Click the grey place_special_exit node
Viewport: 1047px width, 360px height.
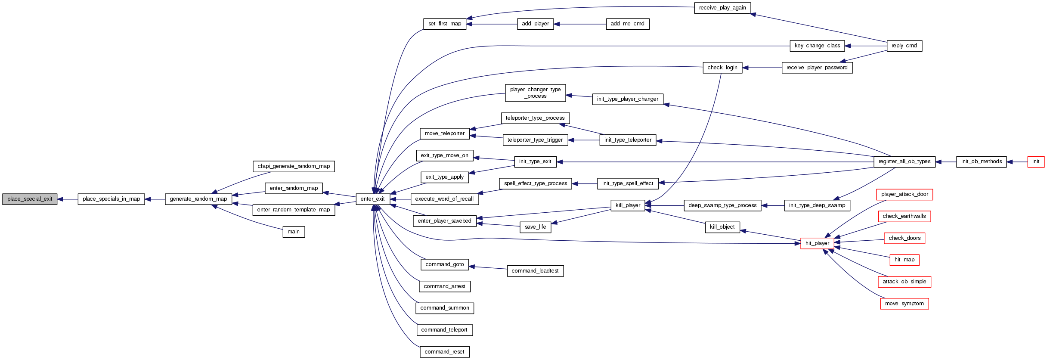click(x=30, y=199)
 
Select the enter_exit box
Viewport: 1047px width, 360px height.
click(x=373, y=199)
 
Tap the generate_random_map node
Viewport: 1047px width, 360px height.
click(x=198, y=199)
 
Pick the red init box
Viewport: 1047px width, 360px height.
click(x=1035, y=161)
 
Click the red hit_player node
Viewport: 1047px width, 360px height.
click(x=817, y=243)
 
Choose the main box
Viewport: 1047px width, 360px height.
click(x=294, y=232)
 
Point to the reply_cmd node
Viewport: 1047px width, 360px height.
click(x=904, y=46)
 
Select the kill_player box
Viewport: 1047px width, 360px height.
click(x=628, y=205)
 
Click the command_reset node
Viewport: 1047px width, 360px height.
click(x=444, y=352)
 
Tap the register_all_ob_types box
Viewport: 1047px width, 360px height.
click(x=905, y=161)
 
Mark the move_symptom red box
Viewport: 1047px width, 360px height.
click(x=904, y=304)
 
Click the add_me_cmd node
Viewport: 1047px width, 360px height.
click(x=627, y=24)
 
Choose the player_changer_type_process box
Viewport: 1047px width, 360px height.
click(x=535, y=93)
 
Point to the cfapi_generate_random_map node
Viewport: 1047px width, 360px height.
click(x=294, y=166)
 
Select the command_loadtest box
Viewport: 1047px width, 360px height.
click(x=535, y=271)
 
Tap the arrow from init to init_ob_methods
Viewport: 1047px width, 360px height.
click(x=1017, y=162)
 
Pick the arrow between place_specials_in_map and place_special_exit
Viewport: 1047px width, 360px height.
click(x=67, y=199)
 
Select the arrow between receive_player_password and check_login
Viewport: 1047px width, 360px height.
click(x=762, y=68)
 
